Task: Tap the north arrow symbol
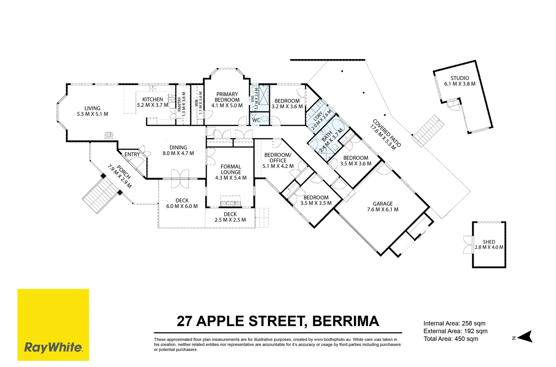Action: tap(525, 337)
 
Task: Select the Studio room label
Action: tap(460, 78)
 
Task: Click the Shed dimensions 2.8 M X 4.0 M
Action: tap(489, 247)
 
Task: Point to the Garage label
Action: tap(383, 204)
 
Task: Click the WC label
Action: tap(256, 120)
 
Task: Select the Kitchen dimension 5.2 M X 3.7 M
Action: tap(152, 105)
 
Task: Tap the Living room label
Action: tap(92, 108)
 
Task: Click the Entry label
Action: tap(132, 154)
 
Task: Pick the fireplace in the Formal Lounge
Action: tap(230, 204)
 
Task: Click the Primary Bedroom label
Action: tap(227, 97)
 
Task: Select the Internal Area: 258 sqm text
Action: tap(454, 324)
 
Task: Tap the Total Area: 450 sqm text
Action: tap(451, 339)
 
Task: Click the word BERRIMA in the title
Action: tap(345, 321)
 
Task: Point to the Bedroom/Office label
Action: tap(278, 158)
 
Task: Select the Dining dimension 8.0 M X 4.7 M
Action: tap(178, 153)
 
